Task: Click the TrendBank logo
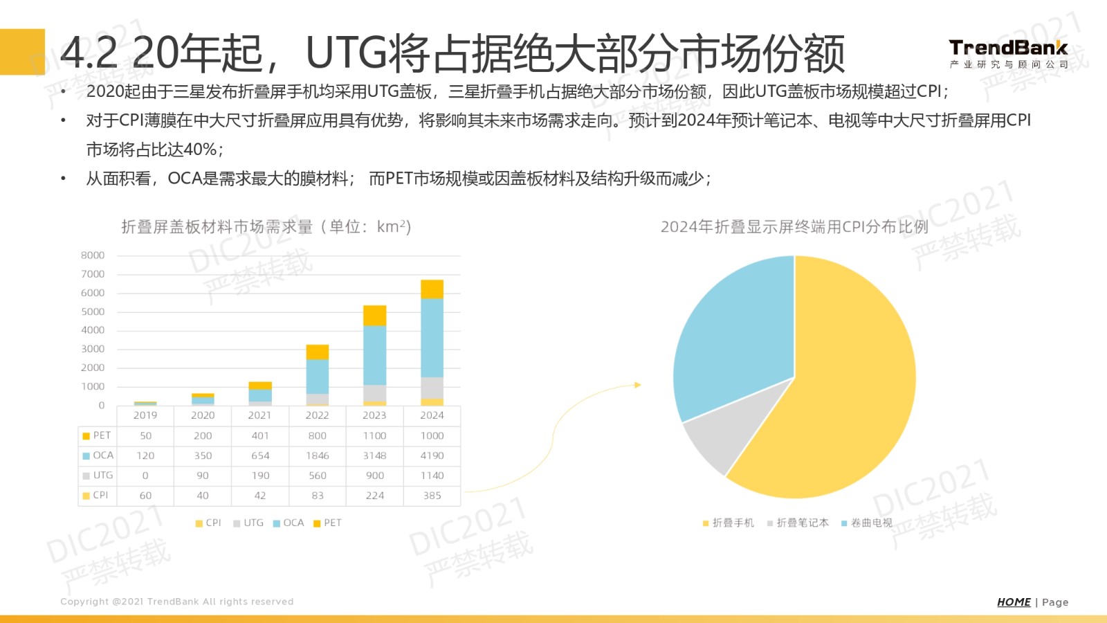point(1008,54)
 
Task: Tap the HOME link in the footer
point(1014,602)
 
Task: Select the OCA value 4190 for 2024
point(432,455)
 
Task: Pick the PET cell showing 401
point(260,435)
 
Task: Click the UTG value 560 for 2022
point(318,476)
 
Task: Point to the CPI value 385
point(432,496)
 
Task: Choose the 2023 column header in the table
point(374,415)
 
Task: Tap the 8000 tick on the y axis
point(93,255)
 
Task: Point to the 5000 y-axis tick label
point(93,311)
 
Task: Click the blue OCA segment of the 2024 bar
point(432,338)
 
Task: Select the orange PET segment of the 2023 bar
point(374,316)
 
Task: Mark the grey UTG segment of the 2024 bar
point(432,388)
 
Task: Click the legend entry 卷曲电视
point(871,523)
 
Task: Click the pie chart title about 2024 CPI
point(794,227)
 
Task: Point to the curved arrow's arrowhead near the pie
point(638,385)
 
